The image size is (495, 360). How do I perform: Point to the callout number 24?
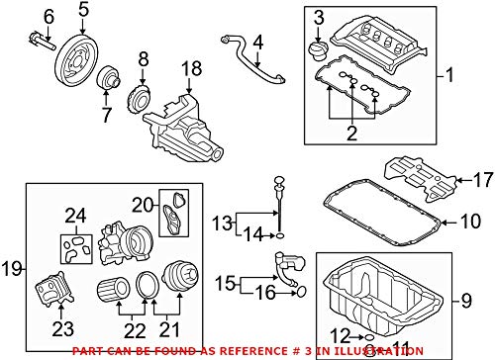75,215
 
